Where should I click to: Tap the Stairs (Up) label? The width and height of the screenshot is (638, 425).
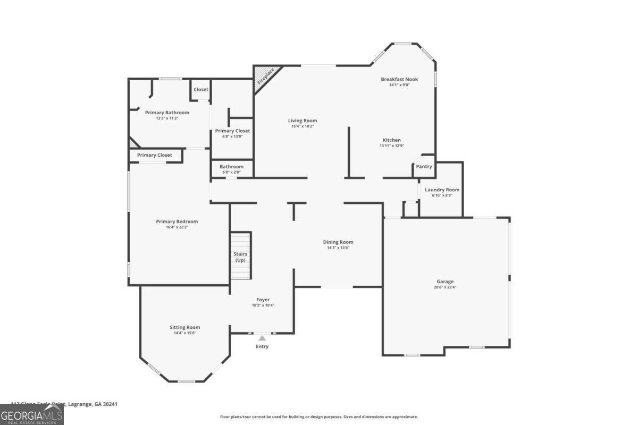pyautogui.click(x=240, y=257)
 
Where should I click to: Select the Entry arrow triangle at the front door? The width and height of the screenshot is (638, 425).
pyautogui.click(x=262, y=338)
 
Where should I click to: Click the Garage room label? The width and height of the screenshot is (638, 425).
pyautogui.click(x=445, y=282)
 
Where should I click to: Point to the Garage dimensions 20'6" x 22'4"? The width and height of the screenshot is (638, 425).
pyautogui.click(x=445, y=287)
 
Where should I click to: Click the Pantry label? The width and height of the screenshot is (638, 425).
pyautogui.click(x=424, y=167)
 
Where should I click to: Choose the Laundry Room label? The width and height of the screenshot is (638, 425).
pyautogui.click(x=442, y=190)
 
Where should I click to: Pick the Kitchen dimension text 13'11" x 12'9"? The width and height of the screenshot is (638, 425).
pyautogui.click(x=392, y=146)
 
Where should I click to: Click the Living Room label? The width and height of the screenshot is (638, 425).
pyautogui.click(x=303, y=121)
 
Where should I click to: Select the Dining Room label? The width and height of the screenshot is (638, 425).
pyautogui.click(x=338, y=242)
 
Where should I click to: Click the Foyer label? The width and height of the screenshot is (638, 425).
pyautogui.click(x=263, y=300)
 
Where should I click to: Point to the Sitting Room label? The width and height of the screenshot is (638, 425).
pyautogui.click(x=185, y=327)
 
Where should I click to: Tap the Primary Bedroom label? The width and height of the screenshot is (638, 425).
pyautogui.click(x=177, y=222)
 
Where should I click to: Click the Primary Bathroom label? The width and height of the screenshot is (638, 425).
pyautogui.click(x=167, y=113)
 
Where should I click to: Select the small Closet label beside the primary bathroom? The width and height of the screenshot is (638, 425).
pyautogui.click(x=201, y=89)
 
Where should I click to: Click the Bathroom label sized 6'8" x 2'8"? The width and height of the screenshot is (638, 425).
pyautogui.click(x=231, y=166)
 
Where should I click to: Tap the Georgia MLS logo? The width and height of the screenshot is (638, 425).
pyautogui.click(x=32, y=414)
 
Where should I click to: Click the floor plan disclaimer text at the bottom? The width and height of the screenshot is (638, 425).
pyautogui.click(x=319, y=417)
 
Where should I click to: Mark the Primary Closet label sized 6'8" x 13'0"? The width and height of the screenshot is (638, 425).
pyautogui.click(x=232, y=131)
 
